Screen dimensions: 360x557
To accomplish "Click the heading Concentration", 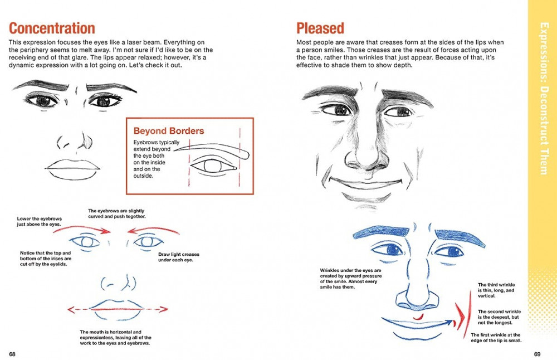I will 52,28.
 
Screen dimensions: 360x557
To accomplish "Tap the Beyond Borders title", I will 168,132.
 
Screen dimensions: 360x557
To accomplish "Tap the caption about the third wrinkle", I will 496,290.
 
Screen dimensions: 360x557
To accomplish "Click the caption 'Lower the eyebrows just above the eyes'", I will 41,221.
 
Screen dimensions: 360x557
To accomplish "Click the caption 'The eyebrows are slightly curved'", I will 116,214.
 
